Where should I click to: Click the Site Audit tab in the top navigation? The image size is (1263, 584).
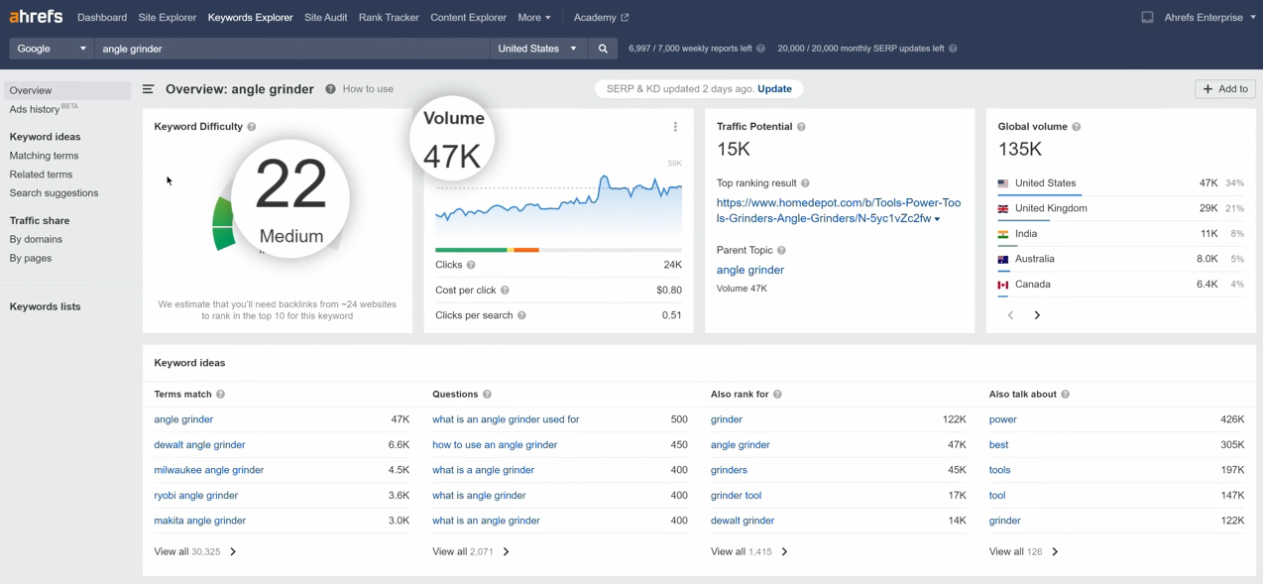coord(325,18)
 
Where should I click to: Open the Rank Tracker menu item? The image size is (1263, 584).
coord(389,18)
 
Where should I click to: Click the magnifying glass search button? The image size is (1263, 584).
coord(603,49)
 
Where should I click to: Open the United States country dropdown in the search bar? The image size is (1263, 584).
coord(537,49)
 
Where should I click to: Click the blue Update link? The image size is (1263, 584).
coord(774,88)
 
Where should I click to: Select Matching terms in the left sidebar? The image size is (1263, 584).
coord(44,156)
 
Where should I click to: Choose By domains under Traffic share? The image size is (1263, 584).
coord(36,239)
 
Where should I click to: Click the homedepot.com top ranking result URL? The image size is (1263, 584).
coord(839,210)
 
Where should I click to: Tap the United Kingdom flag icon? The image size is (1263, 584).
coord(1003,208)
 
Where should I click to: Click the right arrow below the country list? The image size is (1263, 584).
coord(1037,315)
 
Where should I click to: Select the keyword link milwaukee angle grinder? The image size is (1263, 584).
coord(208,470)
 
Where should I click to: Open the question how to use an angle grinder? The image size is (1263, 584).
coord(495,445)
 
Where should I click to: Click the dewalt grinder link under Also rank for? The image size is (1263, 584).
coord(742,521)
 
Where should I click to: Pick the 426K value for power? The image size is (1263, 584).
coord(1232,419)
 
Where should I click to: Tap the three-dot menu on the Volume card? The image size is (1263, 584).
coord(675,127)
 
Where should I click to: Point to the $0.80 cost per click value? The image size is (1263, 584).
coord(669,290)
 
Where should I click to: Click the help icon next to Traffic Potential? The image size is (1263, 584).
coord(801,127)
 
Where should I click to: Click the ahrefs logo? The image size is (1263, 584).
coord(36,16)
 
